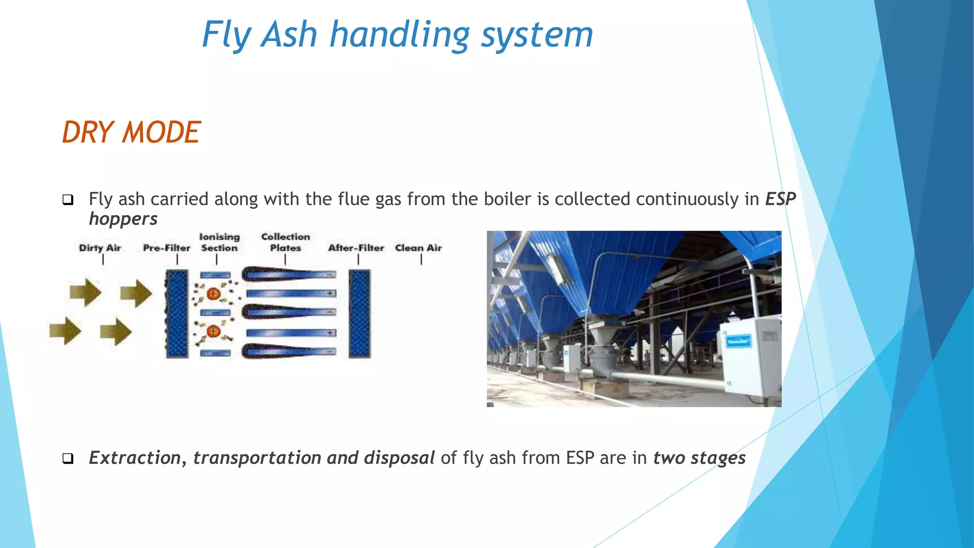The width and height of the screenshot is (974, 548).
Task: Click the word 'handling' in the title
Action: click(x=400, y=35)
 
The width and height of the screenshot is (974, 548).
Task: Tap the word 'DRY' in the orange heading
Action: click(x=88, y=132)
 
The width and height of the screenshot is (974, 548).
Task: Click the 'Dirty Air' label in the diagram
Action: click(x=100, y=248)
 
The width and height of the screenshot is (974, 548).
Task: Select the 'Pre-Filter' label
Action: click(x=166, y=248)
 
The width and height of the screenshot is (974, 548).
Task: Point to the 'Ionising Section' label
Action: click(x=219, y=242)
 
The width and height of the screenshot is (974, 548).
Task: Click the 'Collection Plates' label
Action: click(x=285, y=242)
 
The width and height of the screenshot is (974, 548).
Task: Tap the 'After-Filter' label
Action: click(x=356, y=248)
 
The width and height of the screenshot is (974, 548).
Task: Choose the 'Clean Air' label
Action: click(x=419, y=248)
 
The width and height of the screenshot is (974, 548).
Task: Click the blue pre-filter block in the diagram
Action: click(x=177, y=314)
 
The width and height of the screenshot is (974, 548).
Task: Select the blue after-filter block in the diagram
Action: click(x=360, y=314)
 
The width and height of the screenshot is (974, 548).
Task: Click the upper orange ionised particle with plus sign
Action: click(x=214, y=294)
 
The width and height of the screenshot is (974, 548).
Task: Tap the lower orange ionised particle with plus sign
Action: click(x=214, y=331)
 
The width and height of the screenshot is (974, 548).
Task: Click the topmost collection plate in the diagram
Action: click(x=289, y=274)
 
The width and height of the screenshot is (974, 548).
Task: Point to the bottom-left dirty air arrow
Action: click(x=65, y=331)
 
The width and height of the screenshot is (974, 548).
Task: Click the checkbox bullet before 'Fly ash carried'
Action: click(x=68, y=200)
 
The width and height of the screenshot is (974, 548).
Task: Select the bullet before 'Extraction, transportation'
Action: click(x=68, y=459)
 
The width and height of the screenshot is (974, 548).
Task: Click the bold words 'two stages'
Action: click(x=699, y=458)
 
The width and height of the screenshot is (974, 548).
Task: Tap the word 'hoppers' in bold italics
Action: click(x=123, y=219)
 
